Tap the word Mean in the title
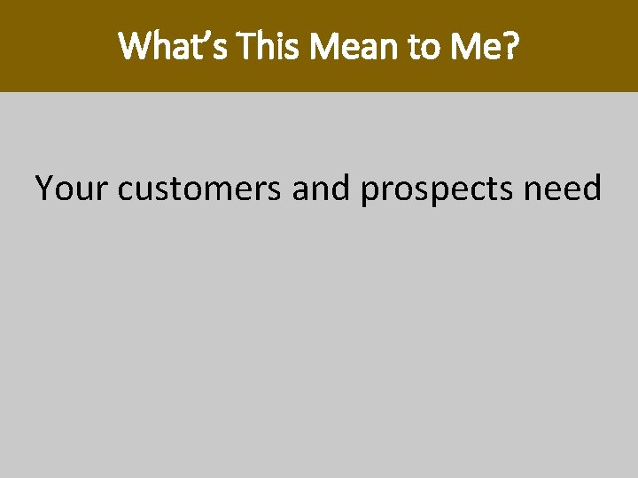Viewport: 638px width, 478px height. click(x=344, y=47)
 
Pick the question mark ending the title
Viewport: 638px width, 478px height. click(x=510, y=47)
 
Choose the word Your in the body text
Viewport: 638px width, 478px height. click(x=71, y=188)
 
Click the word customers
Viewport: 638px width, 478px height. click(x=199, y=188)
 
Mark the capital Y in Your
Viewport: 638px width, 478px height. click(x=44, y=188)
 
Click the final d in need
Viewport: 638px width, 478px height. click(x=591, y=188)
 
